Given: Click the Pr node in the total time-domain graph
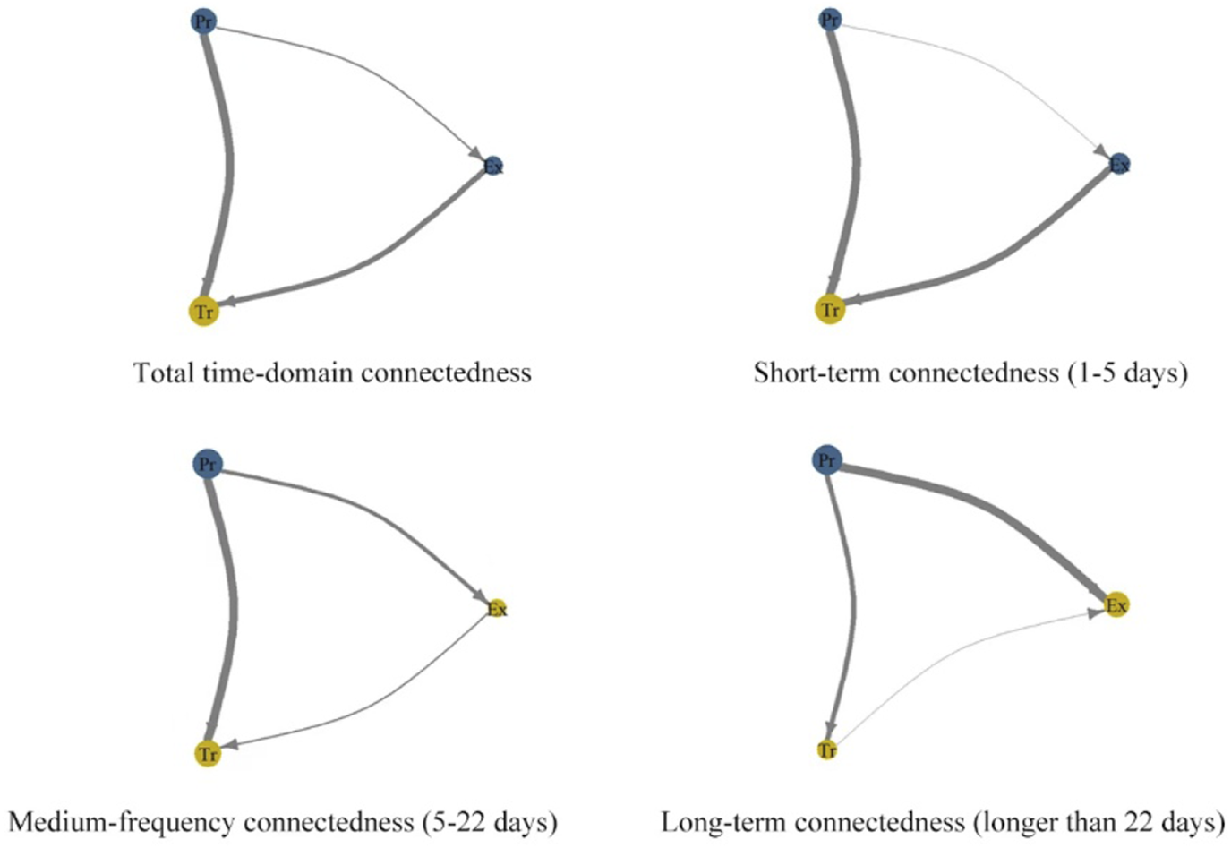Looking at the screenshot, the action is tap(204, 21).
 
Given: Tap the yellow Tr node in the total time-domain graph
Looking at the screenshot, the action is tap(204, 312).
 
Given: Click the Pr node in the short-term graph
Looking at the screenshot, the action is tap(830, 19).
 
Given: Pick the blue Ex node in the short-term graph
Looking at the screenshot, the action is tap(1119, 164).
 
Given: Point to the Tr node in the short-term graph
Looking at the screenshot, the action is tap(830, 310).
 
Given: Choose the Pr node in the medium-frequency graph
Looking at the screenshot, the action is tap(207, 464).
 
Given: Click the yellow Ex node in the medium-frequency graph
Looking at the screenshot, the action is tap(497, 609).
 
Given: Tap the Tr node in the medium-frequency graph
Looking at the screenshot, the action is tap(208, 754).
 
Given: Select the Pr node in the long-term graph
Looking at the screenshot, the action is tap(826, 461).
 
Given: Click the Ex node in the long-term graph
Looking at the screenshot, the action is tap(1116, 606).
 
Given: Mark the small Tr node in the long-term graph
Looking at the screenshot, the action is tap(827, 750).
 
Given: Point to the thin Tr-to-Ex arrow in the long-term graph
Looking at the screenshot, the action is tap(967, 654).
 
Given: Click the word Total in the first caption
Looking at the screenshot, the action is tap(160, 373).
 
